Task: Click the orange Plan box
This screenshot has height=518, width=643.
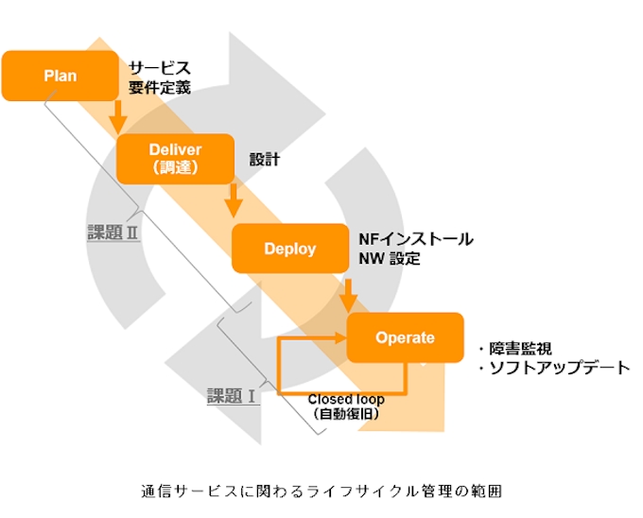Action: (60, 76)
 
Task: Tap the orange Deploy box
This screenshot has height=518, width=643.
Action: (290, 249)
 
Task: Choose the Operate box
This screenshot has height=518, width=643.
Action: (405, 337)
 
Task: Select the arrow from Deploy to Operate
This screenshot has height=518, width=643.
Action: (348, 293)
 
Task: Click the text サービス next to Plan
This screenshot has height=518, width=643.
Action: (160, 68)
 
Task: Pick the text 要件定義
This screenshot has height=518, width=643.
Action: (160, 89)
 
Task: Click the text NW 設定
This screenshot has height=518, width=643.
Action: (390, 259)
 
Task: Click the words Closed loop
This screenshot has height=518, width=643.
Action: (345, 398)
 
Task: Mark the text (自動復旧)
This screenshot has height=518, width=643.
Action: (345, 414)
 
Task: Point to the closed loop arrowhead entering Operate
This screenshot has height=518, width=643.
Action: (339, 337)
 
